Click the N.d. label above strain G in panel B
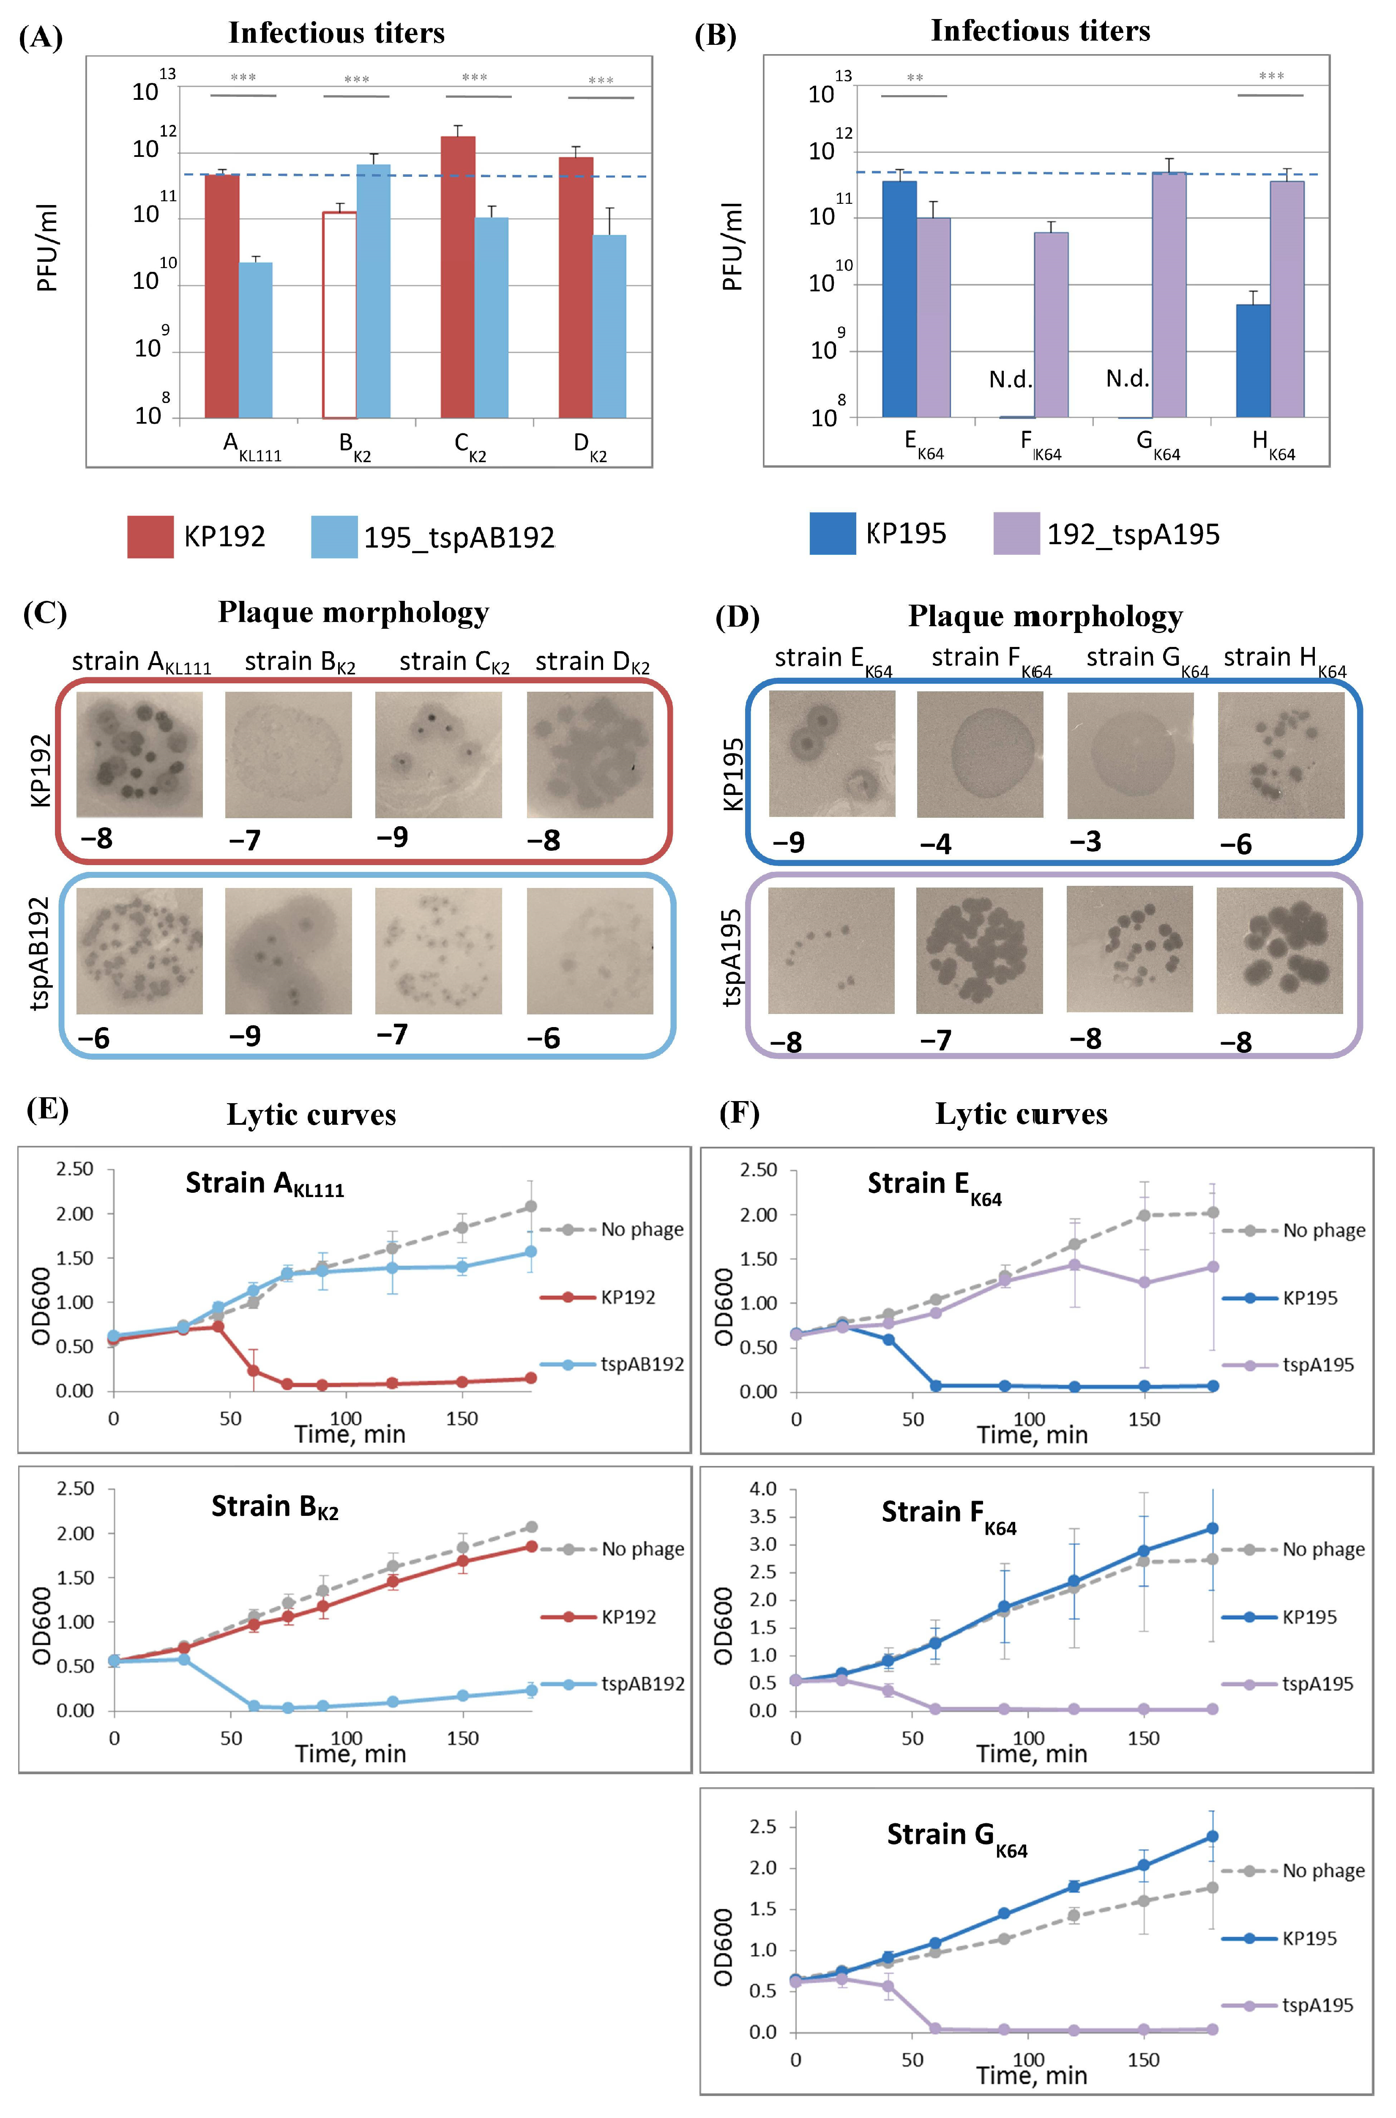[x=1127, y=379]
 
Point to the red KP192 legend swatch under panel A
[x=150, y=536]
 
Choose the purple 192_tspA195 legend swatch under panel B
[x=1016, y=534]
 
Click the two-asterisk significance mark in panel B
[x=914, y=78]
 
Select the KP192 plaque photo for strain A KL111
[x=140, y=754]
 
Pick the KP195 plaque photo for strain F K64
[x=979, y=754]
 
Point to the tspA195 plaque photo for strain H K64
[x=1279, y=951]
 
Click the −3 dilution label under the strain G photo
[x=1085, y=842]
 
